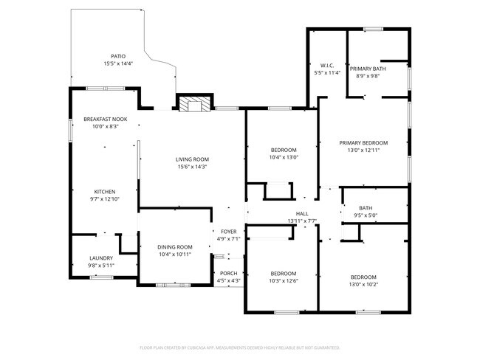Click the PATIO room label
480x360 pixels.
click(118, 56)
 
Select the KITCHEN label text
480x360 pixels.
click(105, 192)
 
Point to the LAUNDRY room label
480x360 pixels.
click(101, 258)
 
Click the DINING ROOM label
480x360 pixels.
click(175, 247)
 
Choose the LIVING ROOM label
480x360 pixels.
click(192, 159)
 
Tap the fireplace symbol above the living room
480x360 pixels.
click(194, 104)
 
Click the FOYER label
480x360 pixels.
click(227, 232)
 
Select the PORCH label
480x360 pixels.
click(228, 273)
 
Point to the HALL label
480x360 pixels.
click(301, 214)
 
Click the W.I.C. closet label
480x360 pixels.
click(327, 66)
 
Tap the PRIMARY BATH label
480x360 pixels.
click(368, 68)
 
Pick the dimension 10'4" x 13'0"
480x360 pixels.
click(284, 157)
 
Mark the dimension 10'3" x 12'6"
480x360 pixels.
click(283, 280)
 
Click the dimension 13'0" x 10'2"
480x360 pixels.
click(363, 284)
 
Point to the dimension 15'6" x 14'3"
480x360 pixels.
click(192, 167)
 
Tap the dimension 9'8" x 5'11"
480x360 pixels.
click(101, 265)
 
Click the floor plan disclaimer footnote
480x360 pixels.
click(240, 347)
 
